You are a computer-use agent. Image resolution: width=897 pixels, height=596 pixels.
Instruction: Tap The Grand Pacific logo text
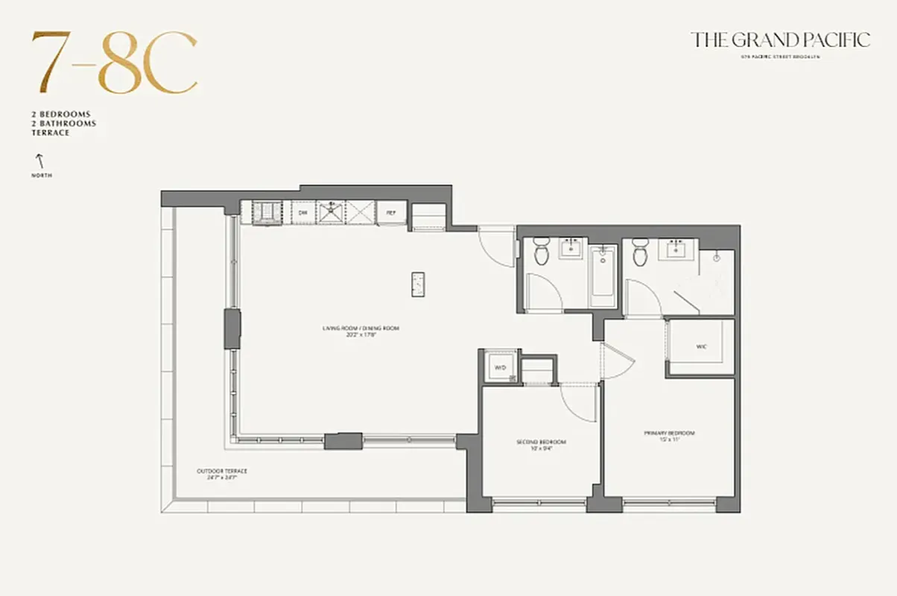pyautogui.click(x=780, y=39)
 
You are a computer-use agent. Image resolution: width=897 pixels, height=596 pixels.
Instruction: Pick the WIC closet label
pyautogui.click(x=701, y=347)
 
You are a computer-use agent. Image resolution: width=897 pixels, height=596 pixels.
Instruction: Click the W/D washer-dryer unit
pyautogui.click(x=499, y=367)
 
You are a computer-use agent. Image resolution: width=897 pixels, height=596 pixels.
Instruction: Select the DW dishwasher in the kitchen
pyautogui.click(x=303, y=212)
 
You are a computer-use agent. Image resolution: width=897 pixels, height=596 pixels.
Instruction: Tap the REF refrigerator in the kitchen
pyautogui.click(x=391, y=212)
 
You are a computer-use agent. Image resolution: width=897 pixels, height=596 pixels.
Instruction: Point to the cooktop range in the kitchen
pyautogui.click(x=267, y=212)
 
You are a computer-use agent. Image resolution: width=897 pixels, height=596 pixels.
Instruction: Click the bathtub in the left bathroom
pyautogui.click(x=603, y=276)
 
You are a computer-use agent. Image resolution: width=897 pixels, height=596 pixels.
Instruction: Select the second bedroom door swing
pyautogui.click(x=579, y=402)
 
